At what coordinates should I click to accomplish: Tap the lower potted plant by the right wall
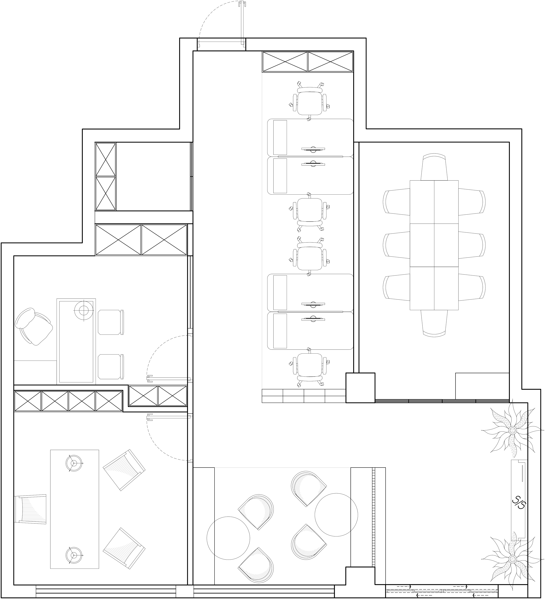click(513, 559)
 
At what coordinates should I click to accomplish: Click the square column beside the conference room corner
click(360, 388)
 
